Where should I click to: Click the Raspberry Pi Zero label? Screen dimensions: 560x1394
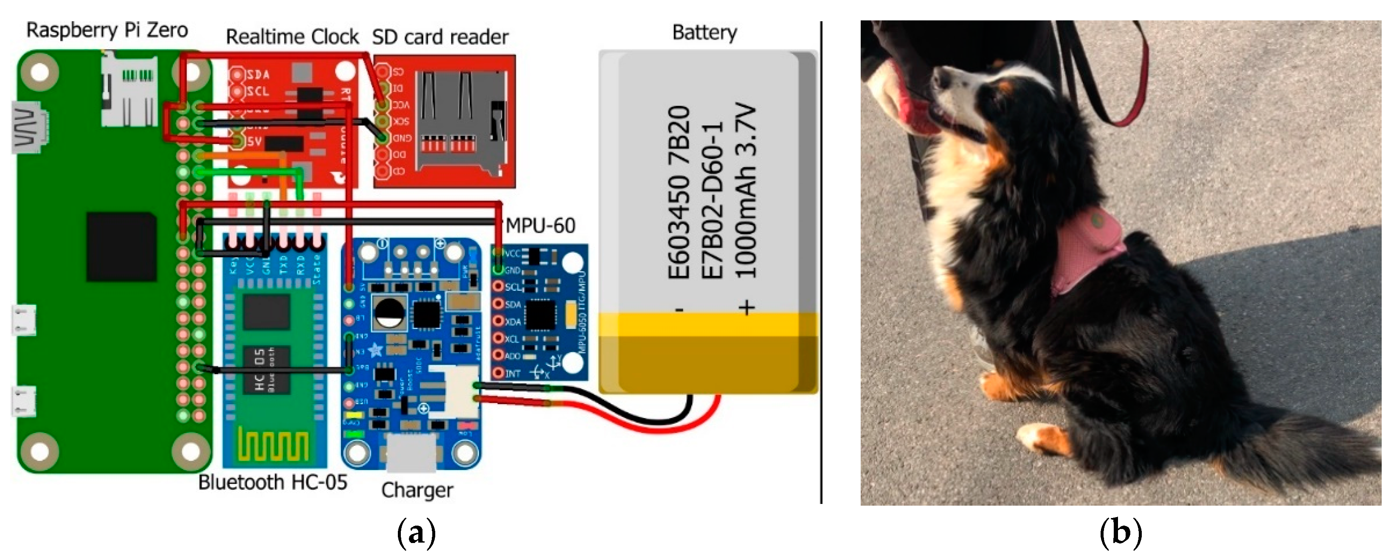pyautogui.click(x=107, y=30)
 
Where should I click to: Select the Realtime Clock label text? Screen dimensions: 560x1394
pyautogui.click(x=292, y=37)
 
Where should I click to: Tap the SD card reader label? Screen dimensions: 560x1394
pyautogui.click(x=440, y=37)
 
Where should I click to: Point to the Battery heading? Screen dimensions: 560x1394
pyautogui.click(x=704, y=32)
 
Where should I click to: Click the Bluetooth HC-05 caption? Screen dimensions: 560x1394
pyautogui.click(x=272, y=482)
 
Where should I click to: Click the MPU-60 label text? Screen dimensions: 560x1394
pyautogui.click(x=540, y=225)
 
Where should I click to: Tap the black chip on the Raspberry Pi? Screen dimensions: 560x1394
pyautogui.click(x=122, y=247)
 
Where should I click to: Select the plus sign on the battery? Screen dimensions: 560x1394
pyautogui.click(x=747, y=307)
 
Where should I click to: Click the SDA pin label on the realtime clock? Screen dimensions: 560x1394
pyautogui.click(x=258, y=75)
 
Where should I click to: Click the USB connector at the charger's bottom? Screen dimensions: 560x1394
pyautogui.click(x=411, y=452)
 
